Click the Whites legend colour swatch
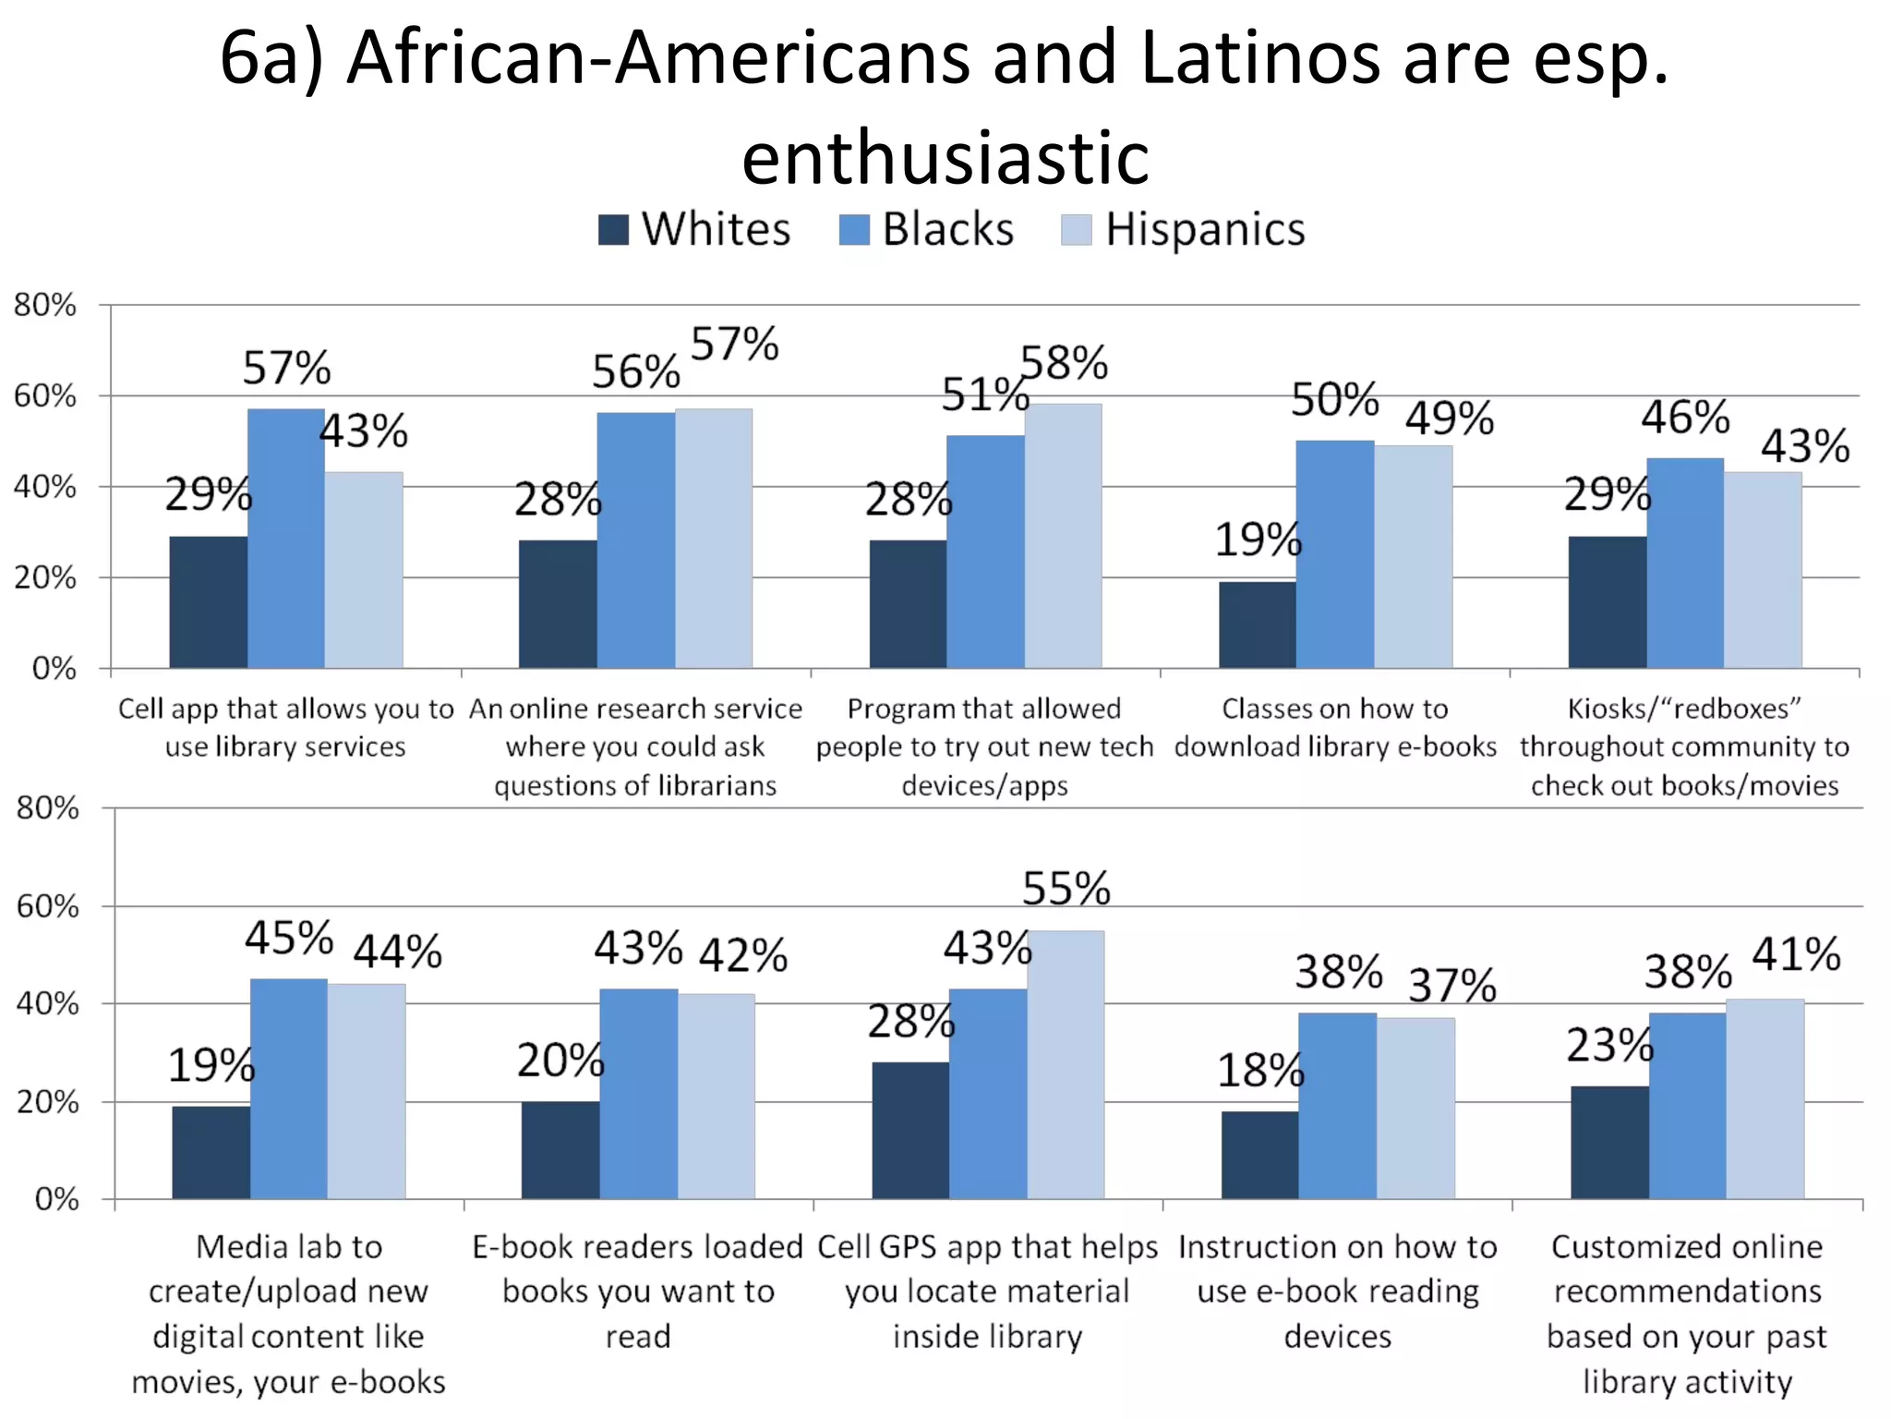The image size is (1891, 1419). coord(613,230)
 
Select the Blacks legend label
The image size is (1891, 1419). coord(947,229)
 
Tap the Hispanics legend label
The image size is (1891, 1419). coord(1205,229)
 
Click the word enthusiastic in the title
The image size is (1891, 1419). coord(945,158)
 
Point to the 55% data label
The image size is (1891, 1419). coord(1066,889)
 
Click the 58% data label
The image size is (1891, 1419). coord(1064,363)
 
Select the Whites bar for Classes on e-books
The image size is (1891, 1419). coord(1257,625)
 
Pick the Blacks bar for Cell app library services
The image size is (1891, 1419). coord(286,539)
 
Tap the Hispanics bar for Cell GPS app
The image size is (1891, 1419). coord(1066,1065)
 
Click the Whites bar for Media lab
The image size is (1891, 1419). coord(211,1152)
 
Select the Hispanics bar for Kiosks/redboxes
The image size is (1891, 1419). coord(1763,570)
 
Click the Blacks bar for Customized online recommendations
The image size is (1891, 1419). coord(1687,1106)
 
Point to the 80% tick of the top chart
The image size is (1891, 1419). coord(44,305)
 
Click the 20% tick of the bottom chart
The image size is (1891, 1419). coord(47,1101)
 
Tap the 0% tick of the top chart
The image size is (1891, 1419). coord(54,668)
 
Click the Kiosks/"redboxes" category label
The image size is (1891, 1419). coord(1684,746)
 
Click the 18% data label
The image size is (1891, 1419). coord(1260,1071)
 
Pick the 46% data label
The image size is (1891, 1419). coord(1684,418)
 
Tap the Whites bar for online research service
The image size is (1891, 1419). coord(558,604)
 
